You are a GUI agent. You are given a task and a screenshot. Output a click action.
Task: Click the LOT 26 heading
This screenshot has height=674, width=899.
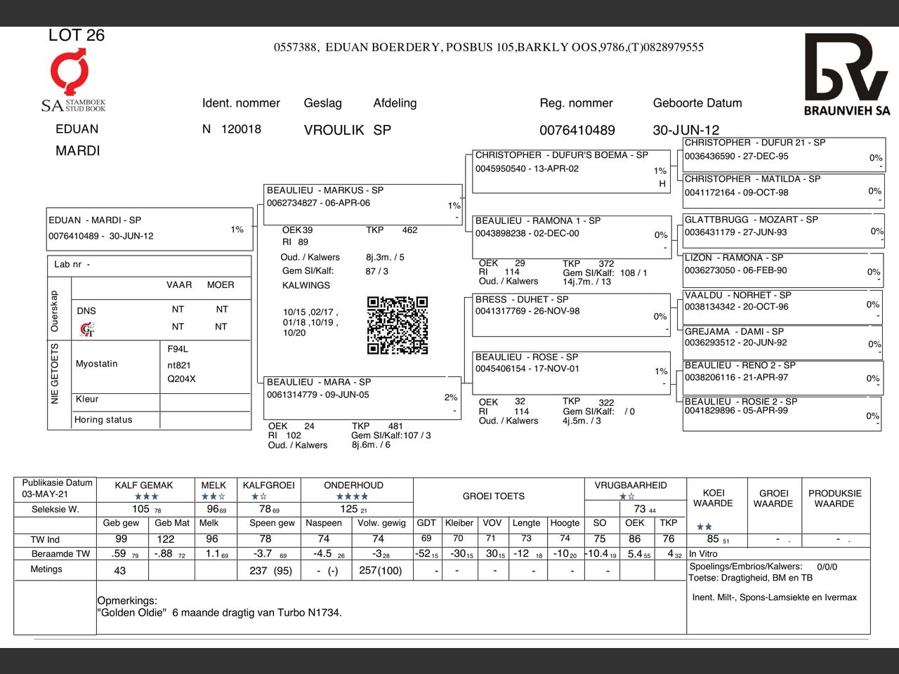(76, 35)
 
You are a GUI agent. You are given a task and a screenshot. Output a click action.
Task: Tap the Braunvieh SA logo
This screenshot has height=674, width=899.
(846, 74)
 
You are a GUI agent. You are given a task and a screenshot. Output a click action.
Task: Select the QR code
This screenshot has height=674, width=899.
(398, 325)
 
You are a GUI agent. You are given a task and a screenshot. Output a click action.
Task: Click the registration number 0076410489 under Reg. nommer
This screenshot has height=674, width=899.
(577, 131)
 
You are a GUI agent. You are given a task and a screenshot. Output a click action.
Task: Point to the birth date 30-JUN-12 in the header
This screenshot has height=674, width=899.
(685, 131)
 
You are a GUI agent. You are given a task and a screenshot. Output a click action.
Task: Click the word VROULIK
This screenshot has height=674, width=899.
(334, 131)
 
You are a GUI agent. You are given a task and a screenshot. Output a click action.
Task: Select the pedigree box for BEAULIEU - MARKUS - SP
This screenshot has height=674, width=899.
(362, 204)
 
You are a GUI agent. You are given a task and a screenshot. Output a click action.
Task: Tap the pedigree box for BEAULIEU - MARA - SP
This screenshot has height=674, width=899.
(361, 397)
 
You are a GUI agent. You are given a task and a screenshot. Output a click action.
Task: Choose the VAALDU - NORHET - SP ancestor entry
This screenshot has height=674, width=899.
(782, 306)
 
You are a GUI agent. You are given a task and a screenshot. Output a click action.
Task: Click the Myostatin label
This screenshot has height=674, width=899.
(97, 364)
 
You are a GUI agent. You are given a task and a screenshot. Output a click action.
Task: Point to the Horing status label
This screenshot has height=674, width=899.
(103, 420)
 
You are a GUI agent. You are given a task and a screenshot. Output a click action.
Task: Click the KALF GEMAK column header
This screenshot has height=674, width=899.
(144, 485)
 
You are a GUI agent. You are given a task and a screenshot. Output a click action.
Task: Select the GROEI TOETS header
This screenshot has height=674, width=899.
(493, 496)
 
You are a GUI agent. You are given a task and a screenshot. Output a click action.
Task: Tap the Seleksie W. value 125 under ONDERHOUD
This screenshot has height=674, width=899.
(349, 509)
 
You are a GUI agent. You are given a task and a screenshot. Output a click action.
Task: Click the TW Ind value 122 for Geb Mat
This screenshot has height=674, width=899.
(166, 539)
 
